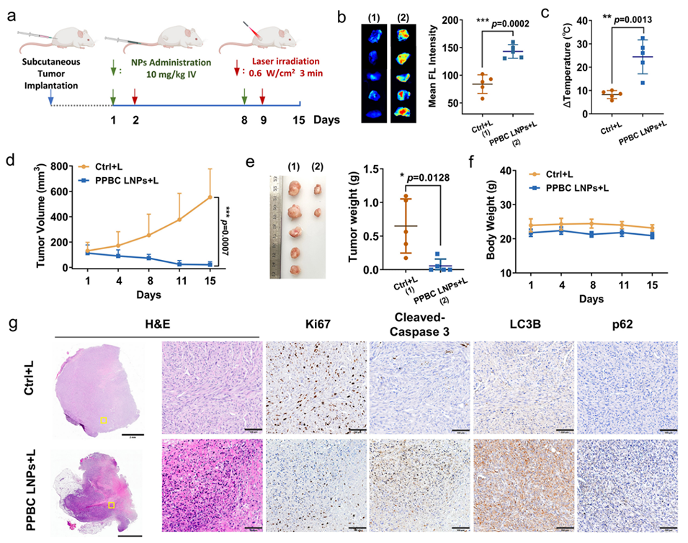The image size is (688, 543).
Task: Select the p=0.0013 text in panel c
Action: click(637, 22)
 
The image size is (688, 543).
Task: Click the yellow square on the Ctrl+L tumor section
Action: click(104, 419)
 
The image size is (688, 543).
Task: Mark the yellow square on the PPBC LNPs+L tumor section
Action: click(111, 506)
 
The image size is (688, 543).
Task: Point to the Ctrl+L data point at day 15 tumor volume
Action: click(210, 197)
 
